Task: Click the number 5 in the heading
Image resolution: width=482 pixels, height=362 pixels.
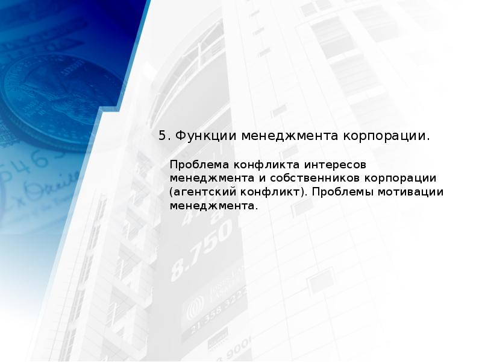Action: point(162,136)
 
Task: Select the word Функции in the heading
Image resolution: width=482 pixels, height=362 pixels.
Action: point(203,136)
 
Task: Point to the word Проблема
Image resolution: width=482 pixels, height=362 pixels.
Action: point(195,165)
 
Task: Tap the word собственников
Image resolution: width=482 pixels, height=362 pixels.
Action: point(305,179)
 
